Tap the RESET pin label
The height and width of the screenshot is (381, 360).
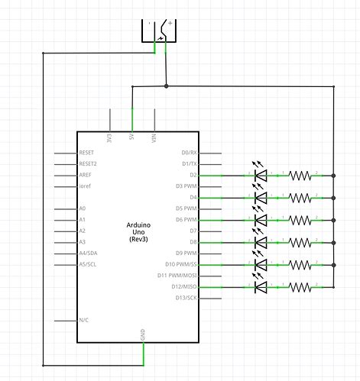pyautogui.click(x=88, y=153)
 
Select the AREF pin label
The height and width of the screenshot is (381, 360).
pyautogui.click(x=86, y=175)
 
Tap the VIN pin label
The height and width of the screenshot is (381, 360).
pyautogui.click(x=155, y=139)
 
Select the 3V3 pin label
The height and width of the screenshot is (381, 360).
pyautogui.click(x=110, y=139)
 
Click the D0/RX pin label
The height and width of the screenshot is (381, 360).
pyautogui.click(x=186, y=153)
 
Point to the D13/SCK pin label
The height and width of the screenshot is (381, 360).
pyautogui.click(x=185, y=298)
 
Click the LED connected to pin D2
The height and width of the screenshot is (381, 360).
pyautogui.click(x=261, y=175)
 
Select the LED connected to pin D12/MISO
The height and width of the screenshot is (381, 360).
pyautogui.click(x=261, y=286)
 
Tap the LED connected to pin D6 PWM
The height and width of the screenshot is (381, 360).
pyautogui.click(x=261, y=220)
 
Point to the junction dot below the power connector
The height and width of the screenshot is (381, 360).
pyautogui.click(x=166, y=86)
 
